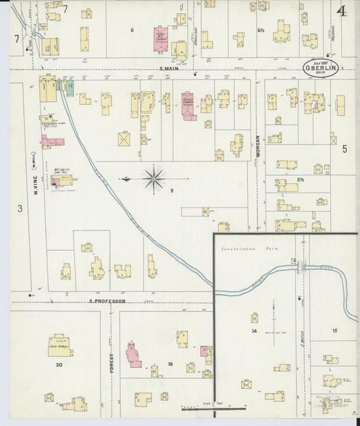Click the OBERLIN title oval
pyautogui.click(x=320, y=68)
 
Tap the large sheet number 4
pyautogui.click(x=343, y=11)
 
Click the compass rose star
pyautogui.click(x=154, y=179)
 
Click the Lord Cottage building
pyautogui.click(x=60, y=346)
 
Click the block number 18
pyautogui.click(x=170, y=364)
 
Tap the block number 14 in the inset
pyautogui.click(x=255, y=331)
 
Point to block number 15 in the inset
pyautogui.click(x=334, y=330)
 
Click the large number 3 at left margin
pyautogui.click(x=20, y=209)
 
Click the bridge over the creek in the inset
pyautogui.click(x=300, y=268)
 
